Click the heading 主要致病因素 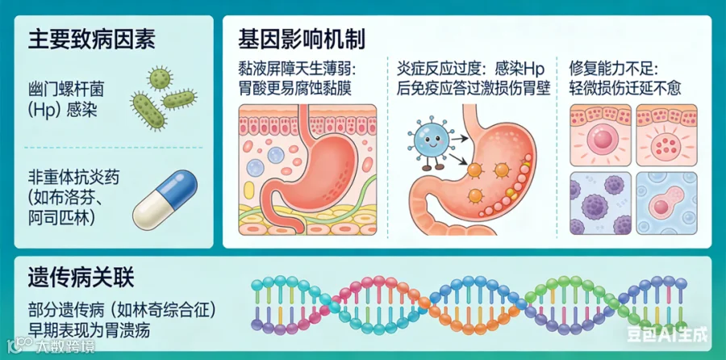point(91,39)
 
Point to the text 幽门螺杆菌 point(67,85)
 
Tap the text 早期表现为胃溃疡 point(90,329)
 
